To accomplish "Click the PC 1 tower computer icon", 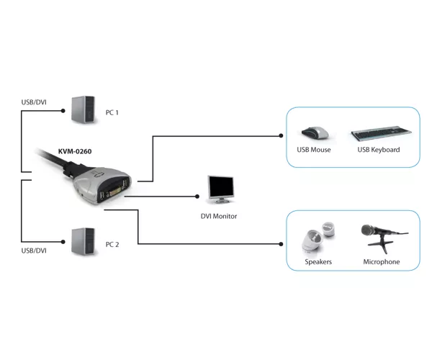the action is [x=84, y=109].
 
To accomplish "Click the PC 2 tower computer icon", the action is [x=84, y=242].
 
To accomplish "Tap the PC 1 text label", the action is [x=112, y=112].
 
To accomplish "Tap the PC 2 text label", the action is [x=112, y=245].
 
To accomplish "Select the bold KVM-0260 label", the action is [x=75, y=151].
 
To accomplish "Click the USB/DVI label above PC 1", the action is [x=34, y=102].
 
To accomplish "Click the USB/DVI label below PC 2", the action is [x=34, y=251].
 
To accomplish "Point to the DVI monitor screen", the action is [x=221, y=187].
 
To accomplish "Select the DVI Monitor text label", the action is [x=219, y=216].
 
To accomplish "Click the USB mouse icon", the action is [x=315, y=133].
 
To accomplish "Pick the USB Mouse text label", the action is [x=314, y=150].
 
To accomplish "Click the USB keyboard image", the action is [x=382, y=133].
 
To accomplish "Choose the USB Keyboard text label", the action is [x=379, y=150].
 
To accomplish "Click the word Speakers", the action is [x=318, y=262].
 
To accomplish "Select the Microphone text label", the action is [x=382, y=262].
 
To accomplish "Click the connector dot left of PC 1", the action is [x=63, y=111].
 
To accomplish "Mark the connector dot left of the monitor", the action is [x=197, y=197].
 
